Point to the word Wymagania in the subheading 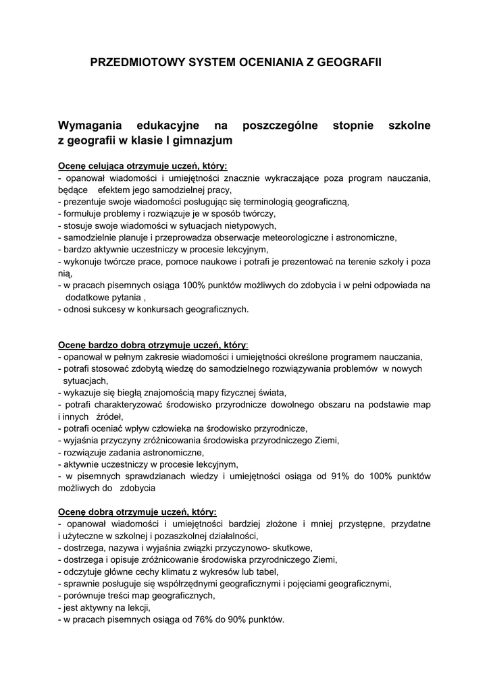pyautogui.click(x=91, y=126)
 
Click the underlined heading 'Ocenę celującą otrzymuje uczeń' pyautogui.click(x=143, y=166)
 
